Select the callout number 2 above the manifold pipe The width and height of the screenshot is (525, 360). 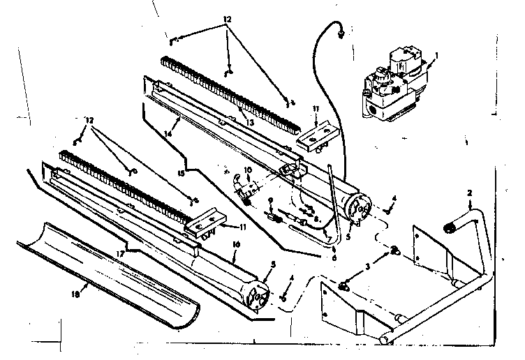coord(470,193)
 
